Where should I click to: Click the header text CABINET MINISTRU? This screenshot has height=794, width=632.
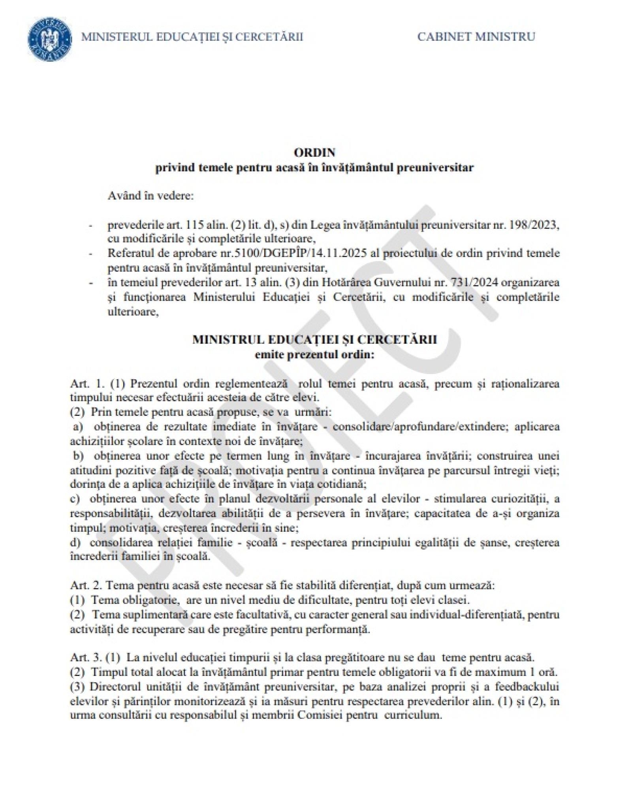[x=476, y=37]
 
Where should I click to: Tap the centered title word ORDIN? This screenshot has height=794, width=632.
[x=314, y=152]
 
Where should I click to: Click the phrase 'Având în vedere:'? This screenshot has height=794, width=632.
[x=150, y=196]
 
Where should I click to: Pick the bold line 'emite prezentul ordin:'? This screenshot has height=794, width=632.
[x=314, y=354]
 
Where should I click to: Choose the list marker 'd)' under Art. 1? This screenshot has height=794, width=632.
[x=75, y=543]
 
